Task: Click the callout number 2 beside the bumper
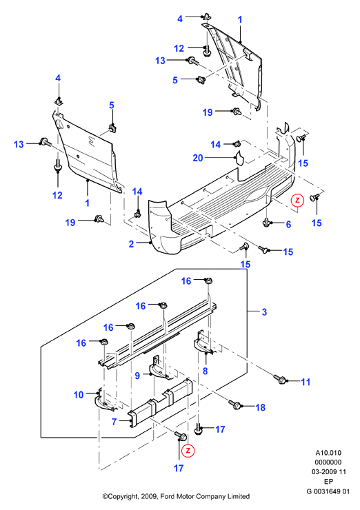tap(131, 243)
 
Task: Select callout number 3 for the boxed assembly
tap(264, 312)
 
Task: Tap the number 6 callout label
tap(288, 225)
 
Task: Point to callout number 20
tap(198, 158)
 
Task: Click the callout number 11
tap(306, 382)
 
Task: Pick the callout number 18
tap(261, 407)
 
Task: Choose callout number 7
tap(114, 422)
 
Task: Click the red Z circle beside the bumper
tap(297, 201)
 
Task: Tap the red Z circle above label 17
tap(188, 451)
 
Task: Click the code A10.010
tap(328, 453)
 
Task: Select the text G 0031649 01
tap(328, 491)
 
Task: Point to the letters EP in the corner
tap(328, 481)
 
